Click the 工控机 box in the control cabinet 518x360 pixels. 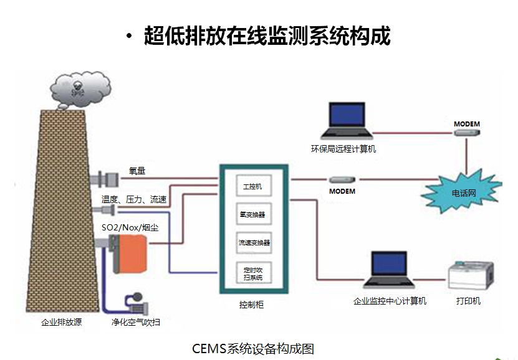click(x=254, y=186)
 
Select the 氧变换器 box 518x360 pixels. click(x=254, y=214)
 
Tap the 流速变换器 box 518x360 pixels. click(x=254, y=243)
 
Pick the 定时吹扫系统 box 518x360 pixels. click(x=254, y=273)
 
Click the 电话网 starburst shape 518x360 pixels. click(x=463, y=192)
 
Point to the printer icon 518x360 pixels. click(x=471, y=275)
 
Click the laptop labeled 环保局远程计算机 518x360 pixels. click(x=347, y=121)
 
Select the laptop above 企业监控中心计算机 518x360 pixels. click(x=389, y=270)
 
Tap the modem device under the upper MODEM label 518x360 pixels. click(x=467, y=133)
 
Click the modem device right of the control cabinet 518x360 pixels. click(x=342, y=180)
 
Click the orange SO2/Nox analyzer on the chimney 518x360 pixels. click(x=130, y=253)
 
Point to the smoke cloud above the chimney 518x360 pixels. click(x=80, y=90)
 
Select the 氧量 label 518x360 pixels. click(x=137, y=171)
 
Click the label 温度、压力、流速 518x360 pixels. click(x=134, y=199)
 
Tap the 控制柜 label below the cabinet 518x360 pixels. click(x=251, y=305)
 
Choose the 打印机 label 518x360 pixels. click(x=468, y=301)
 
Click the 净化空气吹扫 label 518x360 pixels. click(x=136, y=322)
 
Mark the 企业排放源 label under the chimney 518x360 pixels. click(x=62, y=322)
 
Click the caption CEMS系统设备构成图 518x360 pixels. click(x=252, y=348)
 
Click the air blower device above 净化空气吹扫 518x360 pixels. click(x=137, y=303)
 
